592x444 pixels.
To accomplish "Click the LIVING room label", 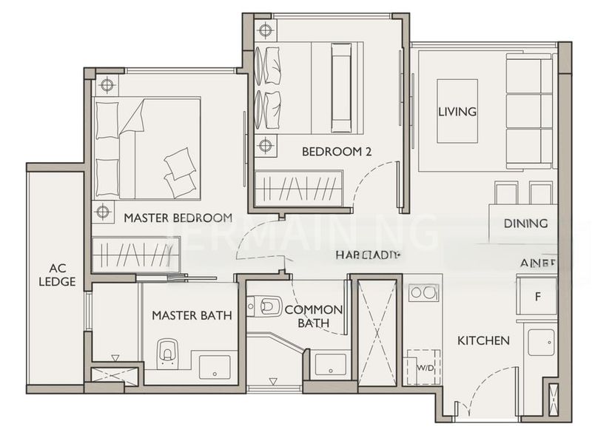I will point(457,112).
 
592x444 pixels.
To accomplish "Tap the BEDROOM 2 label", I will point(336,152).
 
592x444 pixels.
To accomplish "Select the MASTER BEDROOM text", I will point(178,218).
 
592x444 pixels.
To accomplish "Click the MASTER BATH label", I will point(192,315).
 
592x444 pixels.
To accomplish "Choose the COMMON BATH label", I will point(314,316).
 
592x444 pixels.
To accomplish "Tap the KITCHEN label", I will point(482,340).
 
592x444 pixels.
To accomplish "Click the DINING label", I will point(525,223).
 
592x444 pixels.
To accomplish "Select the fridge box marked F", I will point(536,296).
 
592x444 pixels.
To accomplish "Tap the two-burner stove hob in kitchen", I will point(424,292).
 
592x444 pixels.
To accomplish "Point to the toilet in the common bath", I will point(264,305).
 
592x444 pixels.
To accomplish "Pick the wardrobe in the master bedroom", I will point(136,254).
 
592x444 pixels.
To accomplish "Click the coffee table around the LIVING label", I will point(457,111).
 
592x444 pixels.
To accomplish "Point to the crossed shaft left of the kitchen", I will point(377,331).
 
